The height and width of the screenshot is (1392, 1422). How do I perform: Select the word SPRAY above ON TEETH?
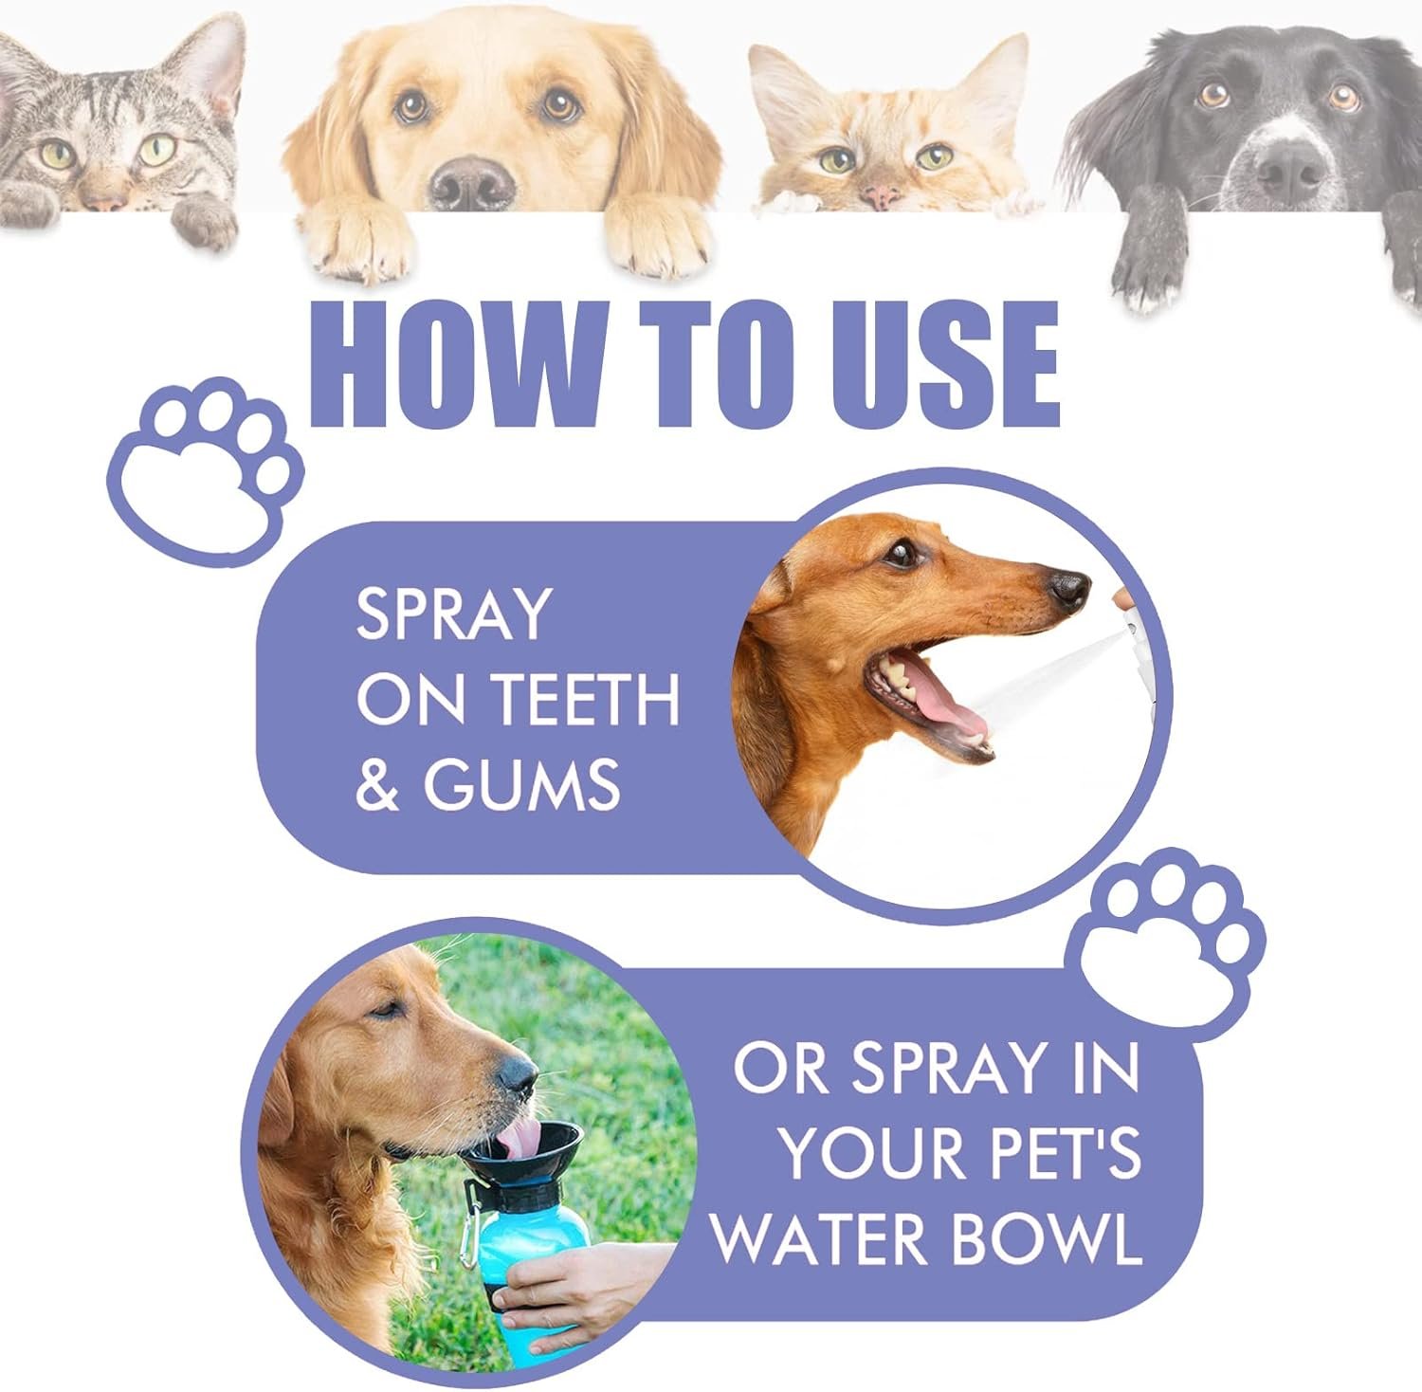[x=453, y=614]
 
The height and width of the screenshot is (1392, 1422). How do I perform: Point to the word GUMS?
[x=521, y=785]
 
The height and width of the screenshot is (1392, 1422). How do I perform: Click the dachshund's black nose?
[x=1071, y=590]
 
